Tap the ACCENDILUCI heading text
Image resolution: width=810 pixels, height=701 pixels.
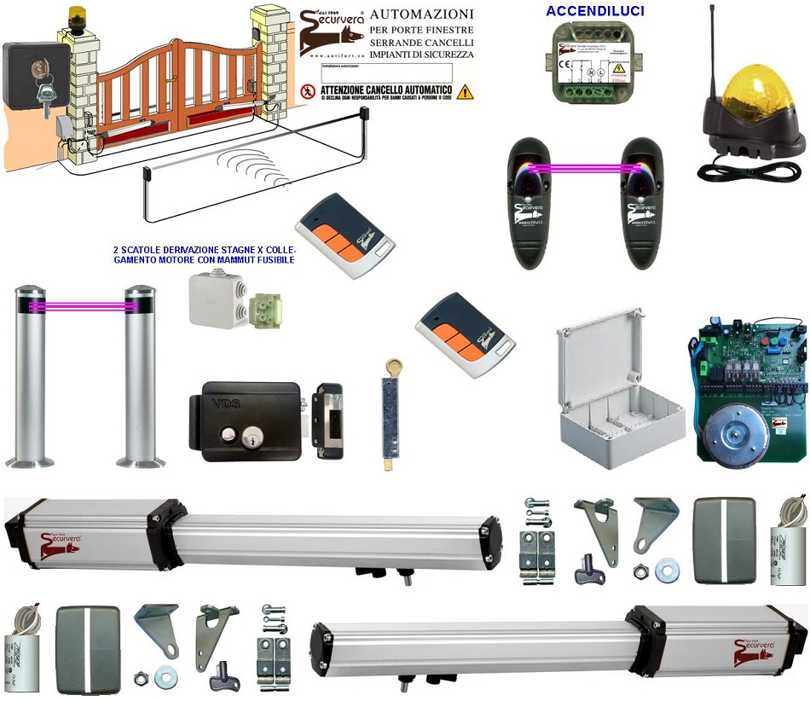pos(595,11)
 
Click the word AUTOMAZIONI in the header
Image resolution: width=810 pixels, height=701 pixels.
pos(422,15)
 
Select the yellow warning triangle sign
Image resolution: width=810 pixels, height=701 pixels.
pos(464,91)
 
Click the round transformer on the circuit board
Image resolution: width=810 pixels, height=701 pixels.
pos(734,435)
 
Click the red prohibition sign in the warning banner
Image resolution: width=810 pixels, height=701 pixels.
pos(309,91)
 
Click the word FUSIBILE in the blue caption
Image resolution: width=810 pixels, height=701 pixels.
pos(272,260)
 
